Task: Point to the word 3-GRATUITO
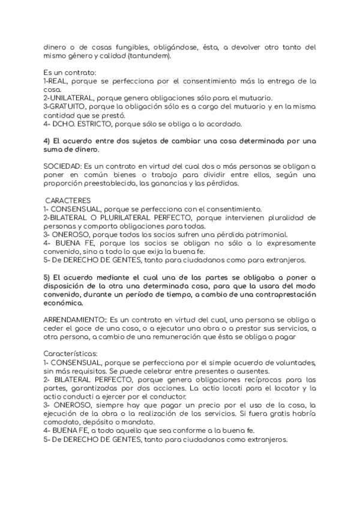coord(65,106)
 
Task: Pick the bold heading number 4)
coord(47,140)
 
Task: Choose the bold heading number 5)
coord(47,277)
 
